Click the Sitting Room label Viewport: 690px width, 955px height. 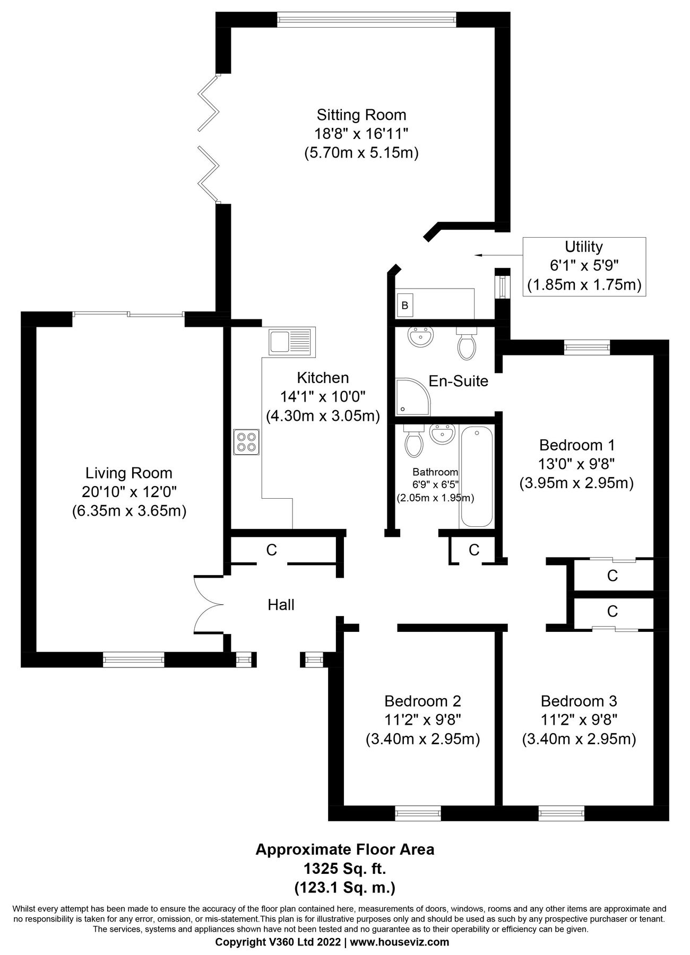[361, 115]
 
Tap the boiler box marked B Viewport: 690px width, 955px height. [404, 306]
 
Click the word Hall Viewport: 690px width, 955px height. [281, 605]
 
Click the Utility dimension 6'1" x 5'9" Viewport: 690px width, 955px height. [584, 266]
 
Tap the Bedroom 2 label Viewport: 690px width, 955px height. [422, 701]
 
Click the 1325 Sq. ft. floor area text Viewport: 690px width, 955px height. [344, 869]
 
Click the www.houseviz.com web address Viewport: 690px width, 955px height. [400, 942]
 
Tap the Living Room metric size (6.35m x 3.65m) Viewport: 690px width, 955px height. [129, 511]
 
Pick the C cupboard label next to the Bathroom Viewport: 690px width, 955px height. [474, 550]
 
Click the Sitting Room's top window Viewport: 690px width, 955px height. [366, 20]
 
